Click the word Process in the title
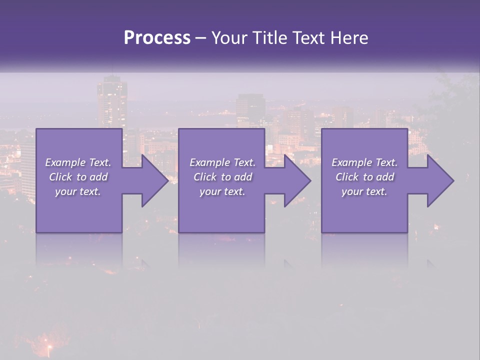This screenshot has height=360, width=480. click(x=157, y=38)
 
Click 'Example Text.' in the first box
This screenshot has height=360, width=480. click(x=78, y=162)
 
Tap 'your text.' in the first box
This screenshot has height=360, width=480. click(x=78, y=191)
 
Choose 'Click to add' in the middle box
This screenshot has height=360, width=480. click(x=222, y=177)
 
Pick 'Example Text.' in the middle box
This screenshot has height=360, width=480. click(x=222, y=162)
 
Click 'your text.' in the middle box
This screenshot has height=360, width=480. click(x=222, y=191)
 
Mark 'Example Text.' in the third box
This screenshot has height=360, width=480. click(x=364, y=162)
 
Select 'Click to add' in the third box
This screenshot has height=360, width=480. click(x=364, y=177)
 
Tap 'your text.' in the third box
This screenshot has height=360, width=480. click(x=364, y=191)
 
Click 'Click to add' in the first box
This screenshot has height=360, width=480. click(x=78, y=177)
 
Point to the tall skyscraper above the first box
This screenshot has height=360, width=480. click(x=111, y=102)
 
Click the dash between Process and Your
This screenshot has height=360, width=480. click(x=201, y=38)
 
